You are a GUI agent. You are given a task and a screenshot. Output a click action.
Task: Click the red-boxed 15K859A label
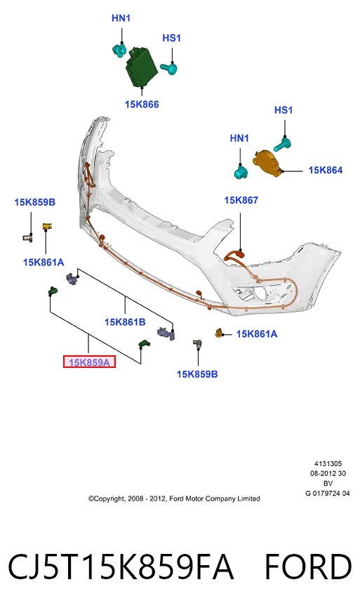pos(89,362)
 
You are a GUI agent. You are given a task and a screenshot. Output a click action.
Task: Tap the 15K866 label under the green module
pos(142,105)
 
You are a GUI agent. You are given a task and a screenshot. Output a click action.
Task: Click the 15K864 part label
pos(326,170)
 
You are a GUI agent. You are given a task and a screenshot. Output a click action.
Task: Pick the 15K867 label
pos(241,200)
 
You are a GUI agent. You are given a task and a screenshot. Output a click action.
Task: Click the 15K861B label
pos(125,322)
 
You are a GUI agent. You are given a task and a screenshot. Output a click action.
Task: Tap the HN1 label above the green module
pos(121,18)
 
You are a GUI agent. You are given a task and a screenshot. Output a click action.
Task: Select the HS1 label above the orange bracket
pos(284,110)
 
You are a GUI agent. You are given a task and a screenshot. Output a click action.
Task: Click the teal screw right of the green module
pos(169,69)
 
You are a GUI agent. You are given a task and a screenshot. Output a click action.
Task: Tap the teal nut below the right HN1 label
pos(241,172)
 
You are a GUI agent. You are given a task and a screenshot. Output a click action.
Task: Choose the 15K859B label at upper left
pos(35,202)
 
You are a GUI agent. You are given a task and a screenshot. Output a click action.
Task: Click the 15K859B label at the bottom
pos(197,374)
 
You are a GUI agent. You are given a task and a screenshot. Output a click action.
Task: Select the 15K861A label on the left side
pos(44,263)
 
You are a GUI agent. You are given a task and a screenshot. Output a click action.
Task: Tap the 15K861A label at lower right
pos(257,333)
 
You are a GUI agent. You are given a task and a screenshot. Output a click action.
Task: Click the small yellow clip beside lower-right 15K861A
pos(219,333)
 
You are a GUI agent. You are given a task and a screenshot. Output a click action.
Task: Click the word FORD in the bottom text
pos(309,567)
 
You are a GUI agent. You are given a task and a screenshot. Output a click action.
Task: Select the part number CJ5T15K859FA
pos(121,567)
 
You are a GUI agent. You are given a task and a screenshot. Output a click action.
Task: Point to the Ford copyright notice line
pos(174,499)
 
